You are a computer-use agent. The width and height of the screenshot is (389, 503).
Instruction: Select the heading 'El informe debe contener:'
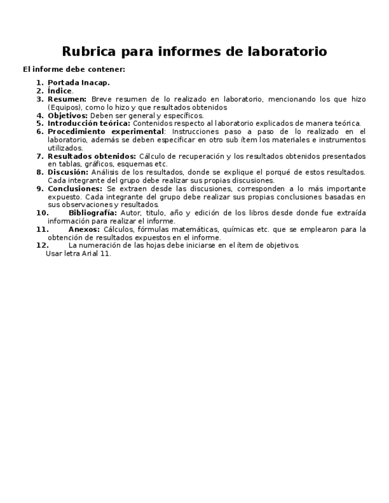74,69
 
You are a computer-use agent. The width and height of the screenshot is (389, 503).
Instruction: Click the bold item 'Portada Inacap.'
78,83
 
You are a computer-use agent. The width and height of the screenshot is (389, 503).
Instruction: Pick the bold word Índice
59,91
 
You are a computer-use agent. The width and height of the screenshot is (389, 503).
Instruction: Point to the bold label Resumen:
67,100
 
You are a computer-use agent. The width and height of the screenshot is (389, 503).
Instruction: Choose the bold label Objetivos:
68,116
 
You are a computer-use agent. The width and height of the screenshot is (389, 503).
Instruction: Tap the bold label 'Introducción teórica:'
89,124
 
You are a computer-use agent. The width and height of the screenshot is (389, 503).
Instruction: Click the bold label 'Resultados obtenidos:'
91,157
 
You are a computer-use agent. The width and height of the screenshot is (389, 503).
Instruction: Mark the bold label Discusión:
68,173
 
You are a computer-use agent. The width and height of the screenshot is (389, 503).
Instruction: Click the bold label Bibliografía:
93,213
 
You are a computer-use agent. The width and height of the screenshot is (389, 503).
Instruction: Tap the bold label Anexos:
84,230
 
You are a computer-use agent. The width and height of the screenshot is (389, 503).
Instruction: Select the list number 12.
42,246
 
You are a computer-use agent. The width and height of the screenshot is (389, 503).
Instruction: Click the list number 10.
42,213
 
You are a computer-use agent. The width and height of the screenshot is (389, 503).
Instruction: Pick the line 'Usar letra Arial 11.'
78,254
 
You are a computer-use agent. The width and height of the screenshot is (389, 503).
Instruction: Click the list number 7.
40,157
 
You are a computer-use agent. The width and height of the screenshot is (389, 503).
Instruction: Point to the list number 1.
40,83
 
